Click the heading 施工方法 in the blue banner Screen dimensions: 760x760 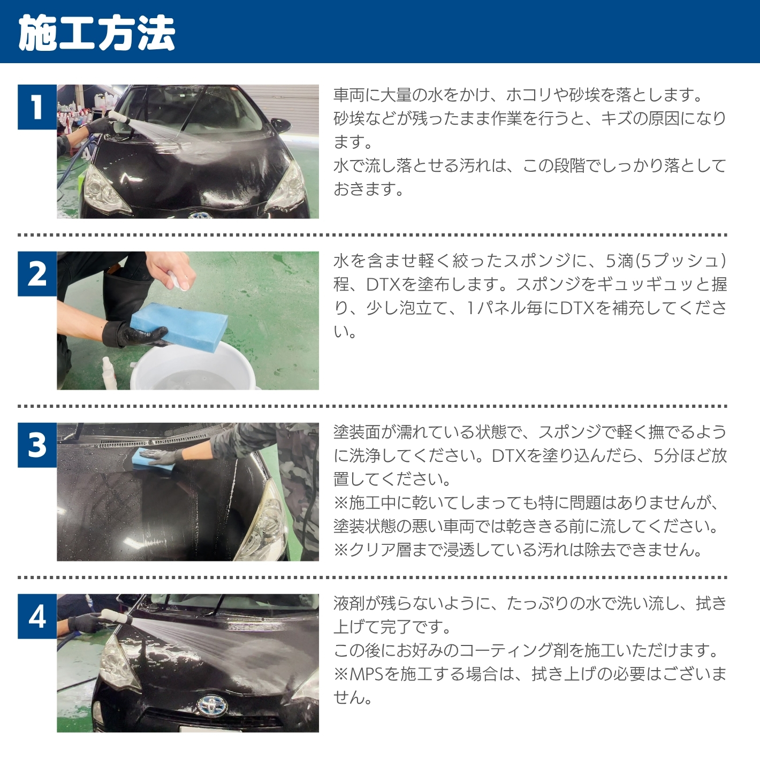pyautogui.click(x=97, y=33)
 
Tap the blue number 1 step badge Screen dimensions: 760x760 pyautogui.click(x=37, y=107)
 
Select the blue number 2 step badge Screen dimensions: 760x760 pyautogui.click(x=37, y=274)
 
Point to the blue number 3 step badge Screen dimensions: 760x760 pyautogui.click(x=37, y=445)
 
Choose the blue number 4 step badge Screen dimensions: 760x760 pyautogui.click(x=37, y=617)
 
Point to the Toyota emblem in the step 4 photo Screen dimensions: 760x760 pyautogui.click(x=211, y=704)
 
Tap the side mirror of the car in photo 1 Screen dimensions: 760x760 pyautogui.click(x=281, y=125)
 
